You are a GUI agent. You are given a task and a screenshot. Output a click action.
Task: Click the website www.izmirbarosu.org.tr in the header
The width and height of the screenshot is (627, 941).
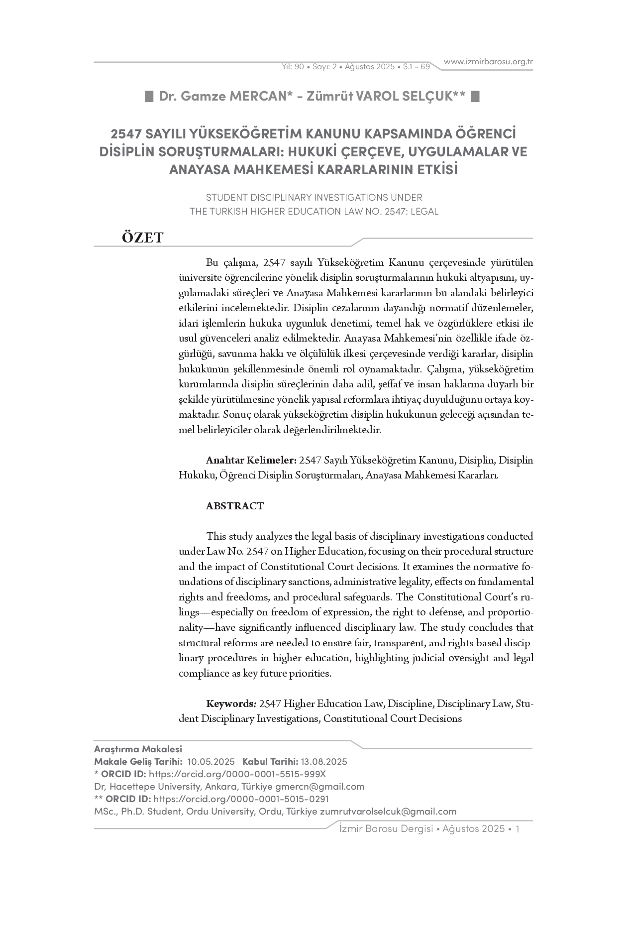(488, 62)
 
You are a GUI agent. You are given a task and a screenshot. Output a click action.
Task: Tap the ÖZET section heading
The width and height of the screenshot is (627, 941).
(142, 237)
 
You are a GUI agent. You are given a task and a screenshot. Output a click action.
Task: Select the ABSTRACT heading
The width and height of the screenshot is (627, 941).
(235, 506)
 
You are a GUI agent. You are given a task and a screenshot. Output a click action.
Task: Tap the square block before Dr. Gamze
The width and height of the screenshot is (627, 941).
(149, 96)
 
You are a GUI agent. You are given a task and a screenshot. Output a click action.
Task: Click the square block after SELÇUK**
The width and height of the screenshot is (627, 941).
(475, 96)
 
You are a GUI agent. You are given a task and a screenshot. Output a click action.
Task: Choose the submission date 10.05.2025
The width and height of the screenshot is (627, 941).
(211, 761)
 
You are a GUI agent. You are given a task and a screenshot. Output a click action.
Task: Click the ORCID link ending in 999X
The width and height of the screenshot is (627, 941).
(237, 774)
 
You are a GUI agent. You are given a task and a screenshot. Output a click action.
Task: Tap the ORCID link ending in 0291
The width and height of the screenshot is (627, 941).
(241, 799)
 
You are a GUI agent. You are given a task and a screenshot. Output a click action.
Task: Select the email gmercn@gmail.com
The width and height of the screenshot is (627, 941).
(320, 786)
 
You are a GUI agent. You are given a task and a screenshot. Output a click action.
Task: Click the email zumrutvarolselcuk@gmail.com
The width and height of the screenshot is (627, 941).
(388, 811)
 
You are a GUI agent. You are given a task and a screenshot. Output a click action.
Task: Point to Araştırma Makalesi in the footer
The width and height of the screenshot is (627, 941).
(138, 749)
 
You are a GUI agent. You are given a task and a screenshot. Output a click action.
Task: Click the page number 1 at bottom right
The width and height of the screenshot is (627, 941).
(518, 828)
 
